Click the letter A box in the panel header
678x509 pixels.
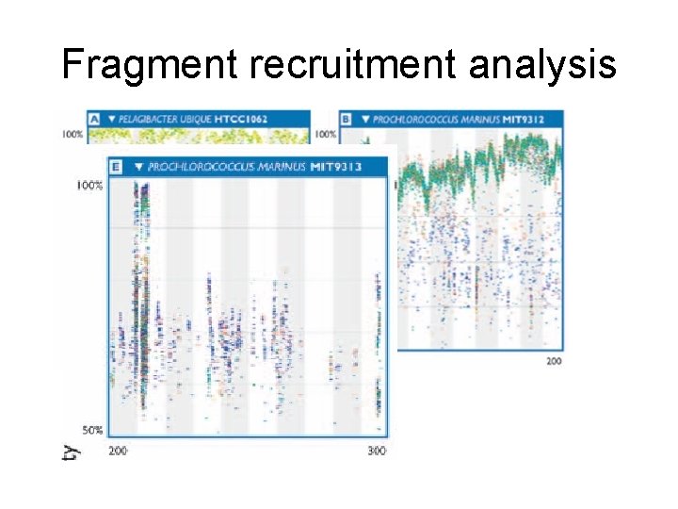click(94, 119)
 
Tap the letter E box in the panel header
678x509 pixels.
click(116, 167)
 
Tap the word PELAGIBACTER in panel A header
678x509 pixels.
click(147, 119)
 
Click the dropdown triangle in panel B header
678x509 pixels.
click(364, 119)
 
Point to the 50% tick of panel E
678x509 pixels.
click(90, 430)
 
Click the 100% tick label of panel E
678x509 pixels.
click(89, 186)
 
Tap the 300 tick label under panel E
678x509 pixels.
click(376, 452)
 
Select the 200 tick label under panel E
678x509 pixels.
click(119, 452)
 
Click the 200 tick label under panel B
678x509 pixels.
click(555, 362)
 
